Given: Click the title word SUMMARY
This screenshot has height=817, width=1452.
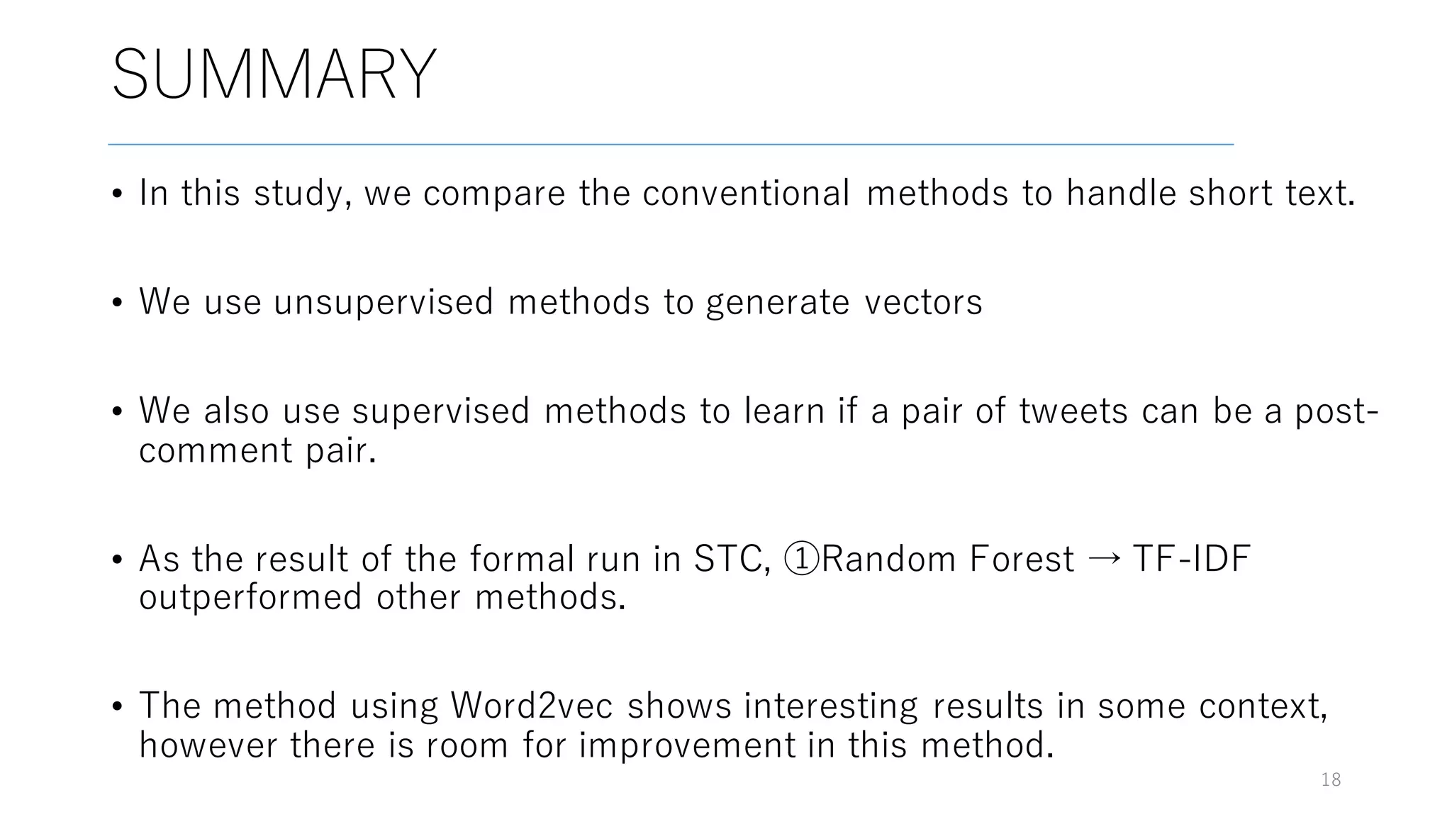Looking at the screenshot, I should (274, 74).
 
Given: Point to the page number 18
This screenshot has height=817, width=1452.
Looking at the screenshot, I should (1331, 780).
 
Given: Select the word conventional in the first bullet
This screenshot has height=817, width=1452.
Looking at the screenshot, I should (746, 193).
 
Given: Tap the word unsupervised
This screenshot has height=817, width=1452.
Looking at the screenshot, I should (383, 302).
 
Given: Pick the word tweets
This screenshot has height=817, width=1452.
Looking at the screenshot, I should (1073, 411).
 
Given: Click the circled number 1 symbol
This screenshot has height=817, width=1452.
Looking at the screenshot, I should (802, 559).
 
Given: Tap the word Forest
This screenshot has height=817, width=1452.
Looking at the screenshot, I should (1022, 559).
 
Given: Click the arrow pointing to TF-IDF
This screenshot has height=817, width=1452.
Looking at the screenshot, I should (1104, 559).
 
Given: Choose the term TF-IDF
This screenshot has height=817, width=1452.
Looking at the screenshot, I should (1191, 559).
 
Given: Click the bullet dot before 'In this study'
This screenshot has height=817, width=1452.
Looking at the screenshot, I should (118, 194).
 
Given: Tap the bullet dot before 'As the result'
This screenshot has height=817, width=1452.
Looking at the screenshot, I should (118, 560).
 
